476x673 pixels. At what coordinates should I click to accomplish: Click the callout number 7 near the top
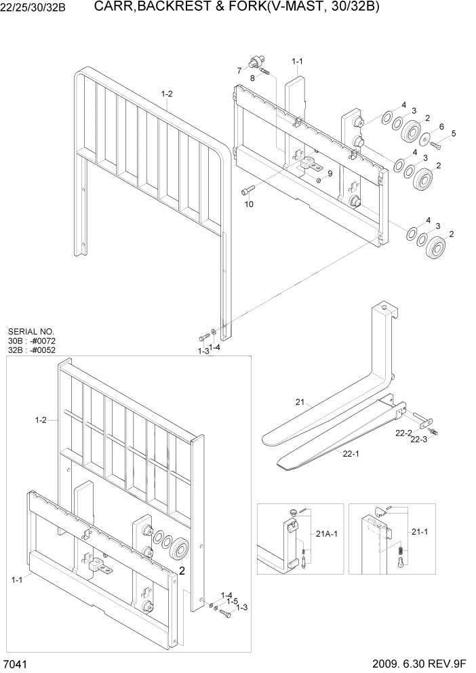point(239,71)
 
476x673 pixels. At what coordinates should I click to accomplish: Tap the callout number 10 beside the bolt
point(249,204)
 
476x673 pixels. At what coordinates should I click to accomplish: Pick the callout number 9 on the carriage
point(330,174)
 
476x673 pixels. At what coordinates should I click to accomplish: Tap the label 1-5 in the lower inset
point(232,601)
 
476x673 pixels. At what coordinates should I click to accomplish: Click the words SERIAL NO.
point(31,332)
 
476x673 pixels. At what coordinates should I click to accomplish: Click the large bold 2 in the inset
point(181,571)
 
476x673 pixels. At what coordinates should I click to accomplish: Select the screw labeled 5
point(435,145)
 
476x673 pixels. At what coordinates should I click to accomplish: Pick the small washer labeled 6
point(424,140)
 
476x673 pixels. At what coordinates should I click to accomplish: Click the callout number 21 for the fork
point(300,402)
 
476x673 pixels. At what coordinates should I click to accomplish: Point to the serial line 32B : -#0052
point(32,350)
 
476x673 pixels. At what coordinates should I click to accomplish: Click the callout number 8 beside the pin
point(254,79)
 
